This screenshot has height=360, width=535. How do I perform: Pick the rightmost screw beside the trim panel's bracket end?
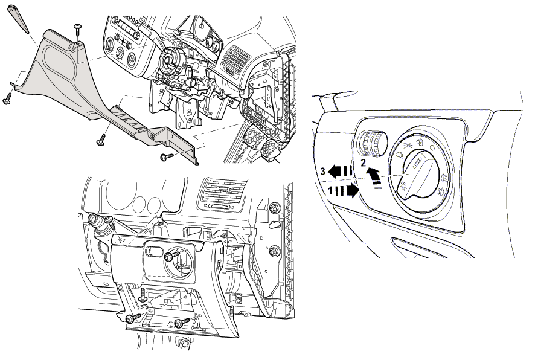pos(166,157)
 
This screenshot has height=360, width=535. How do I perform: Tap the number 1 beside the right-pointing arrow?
pos(330,191)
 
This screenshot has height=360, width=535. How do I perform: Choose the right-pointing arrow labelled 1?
pos(349,191)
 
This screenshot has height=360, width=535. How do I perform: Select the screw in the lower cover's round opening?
pos(172,257)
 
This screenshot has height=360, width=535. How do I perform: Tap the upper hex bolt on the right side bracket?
pos(275,209)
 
